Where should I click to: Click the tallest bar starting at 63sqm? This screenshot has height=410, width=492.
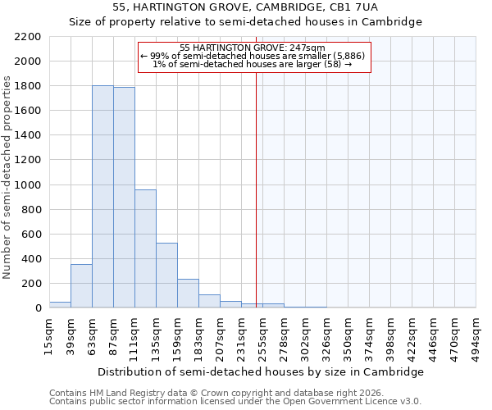[102, 197]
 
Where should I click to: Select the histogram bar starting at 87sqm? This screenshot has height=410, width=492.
[124, 198]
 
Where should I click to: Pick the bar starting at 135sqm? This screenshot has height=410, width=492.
[166, 276]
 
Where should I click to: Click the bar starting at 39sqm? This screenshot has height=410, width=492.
[81, 286]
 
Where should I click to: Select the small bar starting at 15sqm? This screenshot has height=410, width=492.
[60, 305]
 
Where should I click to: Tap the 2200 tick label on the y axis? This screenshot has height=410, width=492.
[28, 37]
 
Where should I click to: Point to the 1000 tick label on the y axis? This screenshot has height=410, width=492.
[28, 185]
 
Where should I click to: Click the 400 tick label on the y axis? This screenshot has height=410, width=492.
[31, 259]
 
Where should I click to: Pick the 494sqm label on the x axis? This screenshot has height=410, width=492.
[476, 336]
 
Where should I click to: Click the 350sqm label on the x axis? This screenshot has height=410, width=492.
[348, 336]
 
